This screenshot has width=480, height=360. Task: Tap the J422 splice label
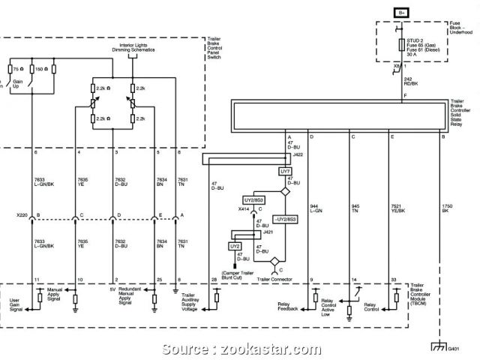[298, 154]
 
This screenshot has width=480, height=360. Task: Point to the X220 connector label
[20, 216]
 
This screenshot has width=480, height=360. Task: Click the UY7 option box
[285, 171]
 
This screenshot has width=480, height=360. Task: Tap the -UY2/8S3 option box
[284, 219]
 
